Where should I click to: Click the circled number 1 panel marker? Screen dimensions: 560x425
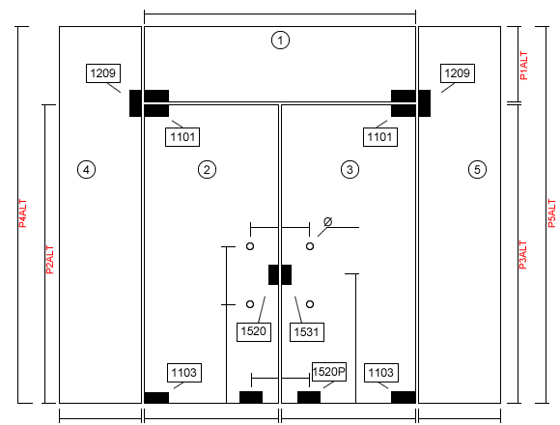280,40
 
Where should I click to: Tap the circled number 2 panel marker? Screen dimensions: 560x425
207,169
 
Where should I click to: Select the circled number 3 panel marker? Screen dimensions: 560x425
350,169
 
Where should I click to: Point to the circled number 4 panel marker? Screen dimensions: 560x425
87,169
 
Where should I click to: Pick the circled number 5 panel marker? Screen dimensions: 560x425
477,169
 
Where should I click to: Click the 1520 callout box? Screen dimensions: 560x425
254,331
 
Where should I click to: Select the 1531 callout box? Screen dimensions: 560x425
307,332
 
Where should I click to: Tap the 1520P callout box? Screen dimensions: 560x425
329,372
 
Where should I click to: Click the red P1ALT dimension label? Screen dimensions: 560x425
523,66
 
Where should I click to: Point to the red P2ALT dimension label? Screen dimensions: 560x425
49,260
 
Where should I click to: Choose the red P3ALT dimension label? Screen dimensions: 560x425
522,255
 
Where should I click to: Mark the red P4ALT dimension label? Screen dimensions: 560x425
22,213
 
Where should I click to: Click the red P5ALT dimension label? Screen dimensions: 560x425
551,213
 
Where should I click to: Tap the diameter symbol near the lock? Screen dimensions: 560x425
328,222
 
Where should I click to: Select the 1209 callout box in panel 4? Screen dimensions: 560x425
103,73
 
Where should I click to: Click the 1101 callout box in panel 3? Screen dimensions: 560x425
380,137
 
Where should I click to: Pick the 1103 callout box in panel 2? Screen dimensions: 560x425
184,373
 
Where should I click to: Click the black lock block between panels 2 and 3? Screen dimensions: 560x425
280,274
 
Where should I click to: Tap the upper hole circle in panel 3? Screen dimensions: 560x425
310,246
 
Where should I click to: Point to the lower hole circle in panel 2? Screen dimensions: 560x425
250,304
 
